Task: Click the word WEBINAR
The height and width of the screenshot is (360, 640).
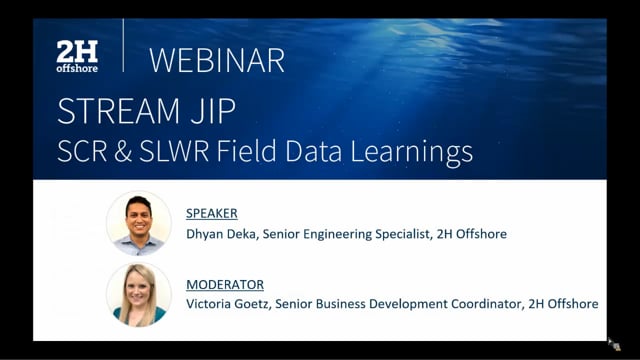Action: [217, 60]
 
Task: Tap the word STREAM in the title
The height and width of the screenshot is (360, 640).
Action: [116, 111]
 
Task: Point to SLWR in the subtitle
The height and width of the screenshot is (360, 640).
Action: [193, 152]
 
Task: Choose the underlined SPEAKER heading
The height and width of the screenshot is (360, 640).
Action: [212, 213]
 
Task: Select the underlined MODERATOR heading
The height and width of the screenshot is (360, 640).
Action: [224, 285]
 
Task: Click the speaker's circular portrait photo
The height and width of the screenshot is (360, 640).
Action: [138, 223]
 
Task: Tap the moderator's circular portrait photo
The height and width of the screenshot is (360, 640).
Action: [138, 295]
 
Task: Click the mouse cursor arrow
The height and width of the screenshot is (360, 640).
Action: [614, 343]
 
